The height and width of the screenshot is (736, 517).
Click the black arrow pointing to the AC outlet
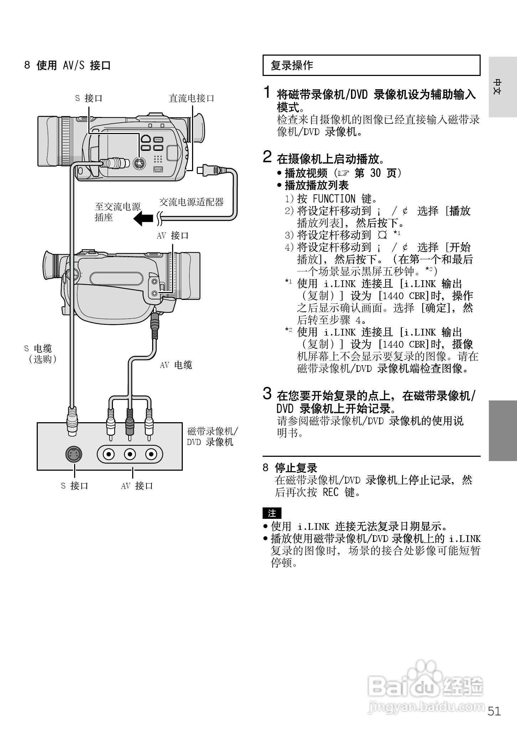pyautogui.click(x=143, y=218)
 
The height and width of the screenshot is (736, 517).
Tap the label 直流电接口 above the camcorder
pyautogui.click(x=191, y=98)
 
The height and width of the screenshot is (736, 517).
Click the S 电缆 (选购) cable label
pyautogui.click(x=40, y=354)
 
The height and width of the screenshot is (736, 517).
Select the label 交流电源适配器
pyautogui.click(x=191, y=202)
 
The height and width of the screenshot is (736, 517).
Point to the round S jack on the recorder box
pyautogui.click(x=74, y=454)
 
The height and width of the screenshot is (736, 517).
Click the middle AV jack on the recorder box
pyautogui.click(x=130, y=454)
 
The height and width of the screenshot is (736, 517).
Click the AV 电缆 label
pyautogui.click(x=176, y=365)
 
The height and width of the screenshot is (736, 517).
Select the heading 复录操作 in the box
pyautogui.click(x=292, y=66)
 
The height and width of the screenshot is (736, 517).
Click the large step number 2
pyautogui.click(x=268, y=157)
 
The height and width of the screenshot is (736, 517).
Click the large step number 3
pyautogui.click(x=268, y=393)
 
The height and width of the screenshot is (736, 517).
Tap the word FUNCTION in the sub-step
pyautogui.click(x=334, y=199)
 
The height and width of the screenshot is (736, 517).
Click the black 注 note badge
pyautogui.click(x=272, y=513)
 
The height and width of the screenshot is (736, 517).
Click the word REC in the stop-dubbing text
pyautogui.click(x=330, y=492)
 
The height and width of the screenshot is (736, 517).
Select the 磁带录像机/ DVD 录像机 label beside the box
pyautogui.click(x=212, y=436)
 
